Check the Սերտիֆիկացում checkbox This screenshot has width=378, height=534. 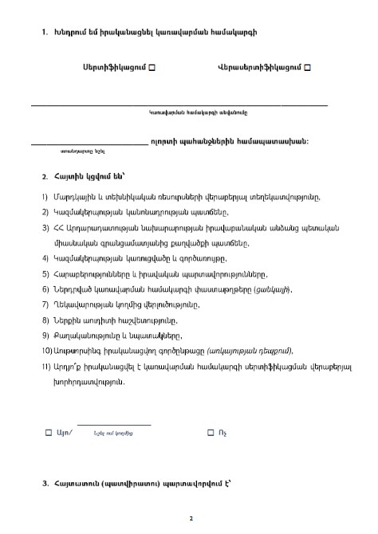coord(152,69)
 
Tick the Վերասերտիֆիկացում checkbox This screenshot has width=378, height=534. coord(307,69)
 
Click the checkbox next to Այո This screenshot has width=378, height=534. coord(48,432)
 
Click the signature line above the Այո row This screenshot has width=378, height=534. coord(113,424)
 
